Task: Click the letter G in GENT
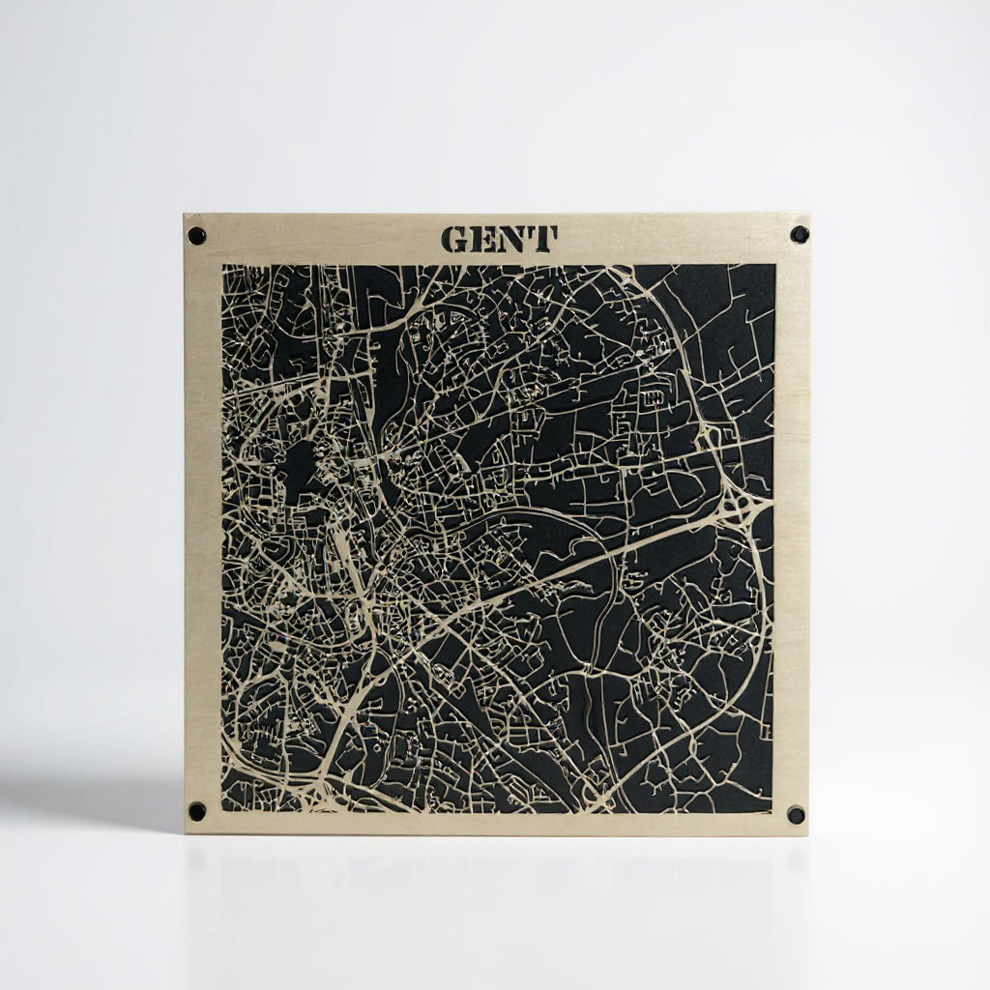pos(454,239)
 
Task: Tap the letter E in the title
pos(483,239)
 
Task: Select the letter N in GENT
pos(513,239)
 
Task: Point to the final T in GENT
pos(543,239)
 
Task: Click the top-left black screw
pos(196,235)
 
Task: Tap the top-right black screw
pos(799,234)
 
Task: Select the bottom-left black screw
pos(197,811)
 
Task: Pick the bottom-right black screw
pos(796,814)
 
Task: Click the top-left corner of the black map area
pos(223,266)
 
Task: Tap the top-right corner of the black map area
pos(774,265)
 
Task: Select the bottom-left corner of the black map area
pos(223,810)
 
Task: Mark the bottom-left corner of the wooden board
pos(186,832)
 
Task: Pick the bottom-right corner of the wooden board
pos(807,836)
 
